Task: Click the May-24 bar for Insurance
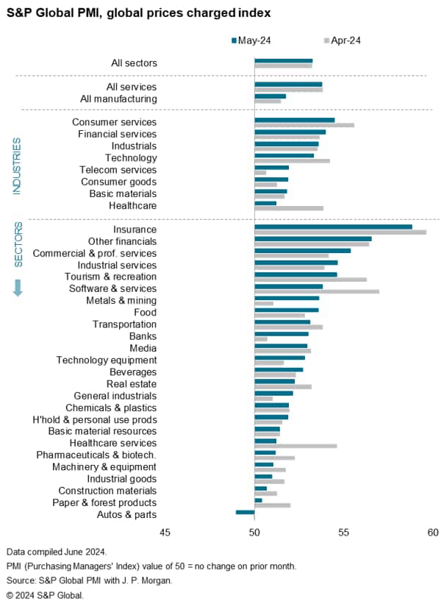pos(333,227)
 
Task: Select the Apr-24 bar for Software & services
pos(317,291)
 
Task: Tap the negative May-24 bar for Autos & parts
pos(245,511)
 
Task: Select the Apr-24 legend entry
pos(342,40)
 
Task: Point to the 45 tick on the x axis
pos(165,533)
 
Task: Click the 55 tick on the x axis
pos(343,533)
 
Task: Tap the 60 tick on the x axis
pos(432,533)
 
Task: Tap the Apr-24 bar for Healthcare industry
pos(289,208)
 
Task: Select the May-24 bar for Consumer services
pos(294,120)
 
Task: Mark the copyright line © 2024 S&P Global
pos(45,594)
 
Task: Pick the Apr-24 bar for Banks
pos(261,339)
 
